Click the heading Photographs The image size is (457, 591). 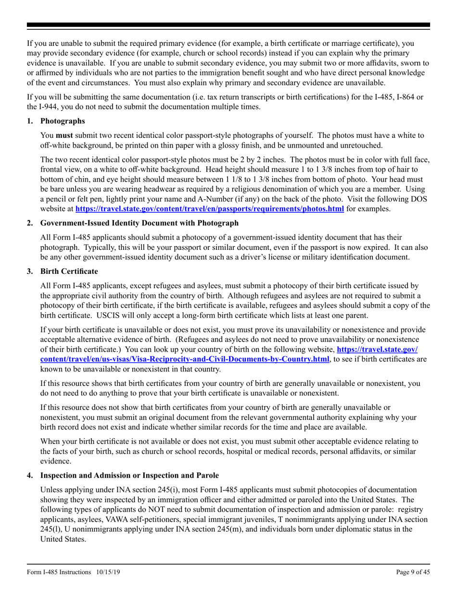click(x=63, y=121)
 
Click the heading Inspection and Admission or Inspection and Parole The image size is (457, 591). click(x=129, y=475)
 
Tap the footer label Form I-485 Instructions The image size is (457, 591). click(x=59, y=572)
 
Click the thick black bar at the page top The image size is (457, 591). click(x=228, y=25)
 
